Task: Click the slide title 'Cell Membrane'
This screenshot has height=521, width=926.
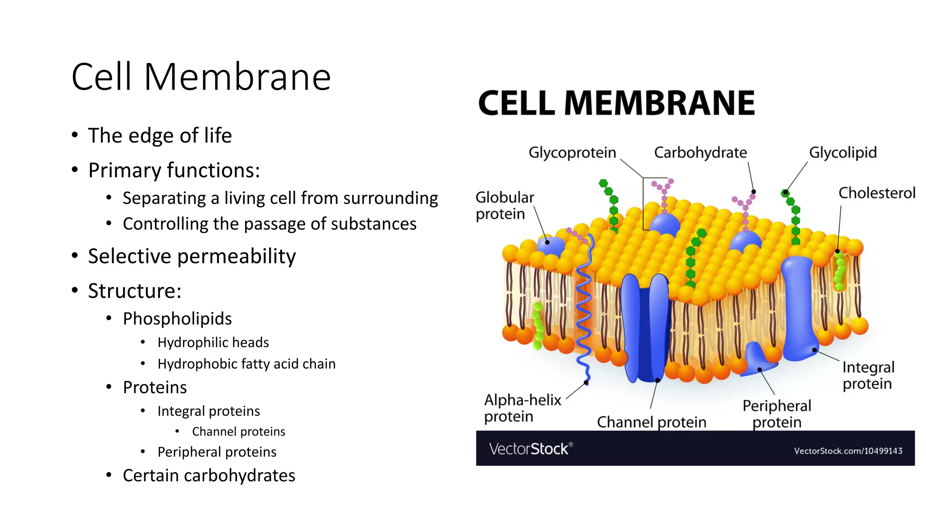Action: (201, 77)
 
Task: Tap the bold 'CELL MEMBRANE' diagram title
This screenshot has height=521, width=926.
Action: (616, 103)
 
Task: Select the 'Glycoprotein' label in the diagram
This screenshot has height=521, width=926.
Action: (572, 153)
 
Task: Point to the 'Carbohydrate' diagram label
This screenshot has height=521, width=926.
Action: (700, 153)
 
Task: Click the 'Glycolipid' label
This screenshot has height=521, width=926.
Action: (842, 153)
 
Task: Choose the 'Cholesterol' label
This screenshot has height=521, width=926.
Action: (876, 193)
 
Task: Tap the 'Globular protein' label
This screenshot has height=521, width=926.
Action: (504, 206)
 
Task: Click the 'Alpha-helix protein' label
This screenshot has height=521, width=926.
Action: (522, 408)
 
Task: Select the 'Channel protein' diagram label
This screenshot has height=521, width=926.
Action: (651, 422)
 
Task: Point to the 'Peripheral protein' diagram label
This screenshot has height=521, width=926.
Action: (776, 414)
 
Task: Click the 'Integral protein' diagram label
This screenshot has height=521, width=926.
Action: (868, 375)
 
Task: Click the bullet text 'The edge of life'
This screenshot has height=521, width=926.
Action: (160, 136)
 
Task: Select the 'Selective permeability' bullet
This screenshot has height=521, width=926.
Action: (192, 256)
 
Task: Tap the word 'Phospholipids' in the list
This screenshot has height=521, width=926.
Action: (177, 319)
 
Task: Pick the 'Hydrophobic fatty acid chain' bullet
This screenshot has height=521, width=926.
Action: (246, 364)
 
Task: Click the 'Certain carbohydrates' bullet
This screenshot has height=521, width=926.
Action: (209, 476)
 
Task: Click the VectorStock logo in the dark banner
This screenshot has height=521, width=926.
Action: (530, 449)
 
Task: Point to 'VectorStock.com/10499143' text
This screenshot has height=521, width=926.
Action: (848, 451)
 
